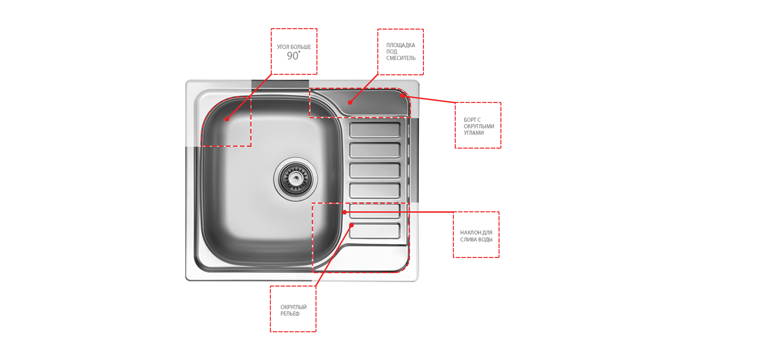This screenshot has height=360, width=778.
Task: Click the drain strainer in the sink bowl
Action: (x=295, y=179)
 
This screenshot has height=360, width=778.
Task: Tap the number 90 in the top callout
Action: (x=293, y=56)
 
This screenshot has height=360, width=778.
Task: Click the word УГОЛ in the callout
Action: (x=283, y=47)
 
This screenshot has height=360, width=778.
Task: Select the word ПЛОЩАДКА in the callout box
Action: (x=401, y=45)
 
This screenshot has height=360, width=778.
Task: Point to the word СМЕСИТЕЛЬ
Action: (x=401, y=58)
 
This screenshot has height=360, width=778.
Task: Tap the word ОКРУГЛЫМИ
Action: (x=479, y=126)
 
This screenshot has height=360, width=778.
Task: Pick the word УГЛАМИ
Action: (x=474, y=133)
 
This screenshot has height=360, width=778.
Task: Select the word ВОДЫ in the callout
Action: (x=485, y=240)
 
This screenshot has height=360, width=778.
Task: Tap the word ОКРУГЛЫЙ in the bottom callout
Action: (x=293, y=307)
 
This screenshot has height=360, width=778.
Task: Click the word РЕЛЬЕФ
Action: (x=290, y=314)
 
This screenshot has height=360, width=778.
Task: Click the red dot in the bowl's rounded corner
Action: (x=227, y=119)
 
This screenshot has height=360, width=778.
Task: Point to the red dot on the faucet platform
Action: (x=350, y=103)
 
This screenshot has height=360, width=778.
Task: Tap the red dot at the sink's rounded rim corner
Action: (x=402, y=96)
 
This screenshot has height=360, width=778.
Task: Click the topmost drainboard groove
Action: (x=375, y=130)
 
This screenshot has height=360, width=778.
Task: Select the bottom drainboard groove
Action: (x=375, y=231)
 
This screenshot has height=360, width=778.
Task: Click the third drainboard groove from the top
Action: (x=375, y=170)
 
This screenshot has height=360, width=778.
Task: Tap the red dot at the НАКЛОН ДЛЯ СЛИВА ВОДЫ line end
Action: (x=344, y=212)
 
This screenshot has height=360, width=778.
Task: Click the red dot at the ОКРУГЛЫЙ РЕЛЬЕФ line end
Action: (x=352, y=225)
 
